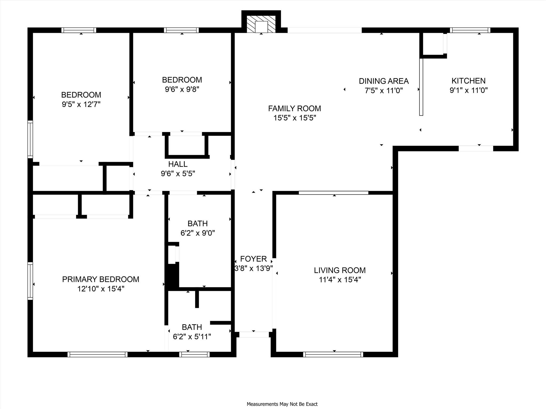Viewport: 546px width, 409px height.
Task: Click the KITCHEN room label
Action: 468,81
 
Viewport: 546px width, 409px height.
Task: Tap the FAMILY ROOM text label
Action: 294,108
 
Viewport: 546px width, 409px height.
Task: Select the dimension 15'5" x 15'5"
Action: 295,118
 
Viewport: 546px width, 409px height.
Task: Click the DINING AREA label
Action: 384,81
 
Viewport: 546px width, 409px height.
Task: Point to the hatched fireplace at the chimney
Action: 261,24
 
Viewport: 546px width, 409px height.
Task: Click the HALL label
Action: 178,164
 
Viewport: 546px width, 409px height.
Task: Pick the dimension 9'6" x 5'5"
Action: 178,174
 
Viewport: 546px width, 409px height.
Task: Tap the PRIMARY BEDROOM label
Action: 101,279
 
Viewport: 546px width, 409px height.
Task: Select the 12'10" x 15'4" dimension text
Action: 101,289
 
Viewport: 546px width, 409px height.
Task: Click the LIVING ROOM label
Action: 340,270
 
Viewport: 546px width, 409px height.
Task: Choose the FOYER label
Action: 253,259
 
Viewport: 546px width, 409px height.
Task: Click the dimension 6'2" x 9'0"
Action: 198,233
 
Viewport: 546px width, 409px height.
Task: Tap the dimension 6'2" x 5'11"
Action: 192,337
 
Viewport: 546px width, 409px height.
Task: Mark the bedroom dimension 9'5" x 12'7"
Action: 81,104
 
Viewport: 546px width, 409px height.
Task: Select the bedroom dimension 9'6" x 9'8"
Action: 182,89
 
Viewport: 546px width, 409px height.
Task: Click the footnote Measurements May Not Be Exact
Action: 282,404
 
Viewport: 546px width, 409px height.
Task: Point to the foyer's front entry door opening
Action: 254,335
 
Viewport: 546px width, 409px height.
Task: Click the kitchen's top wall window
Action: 470,30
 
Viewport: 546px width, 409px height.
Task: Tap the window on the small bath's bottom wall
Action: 194,354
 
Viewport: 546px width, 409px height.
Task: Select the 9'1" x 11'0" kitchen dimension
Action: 468,90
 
